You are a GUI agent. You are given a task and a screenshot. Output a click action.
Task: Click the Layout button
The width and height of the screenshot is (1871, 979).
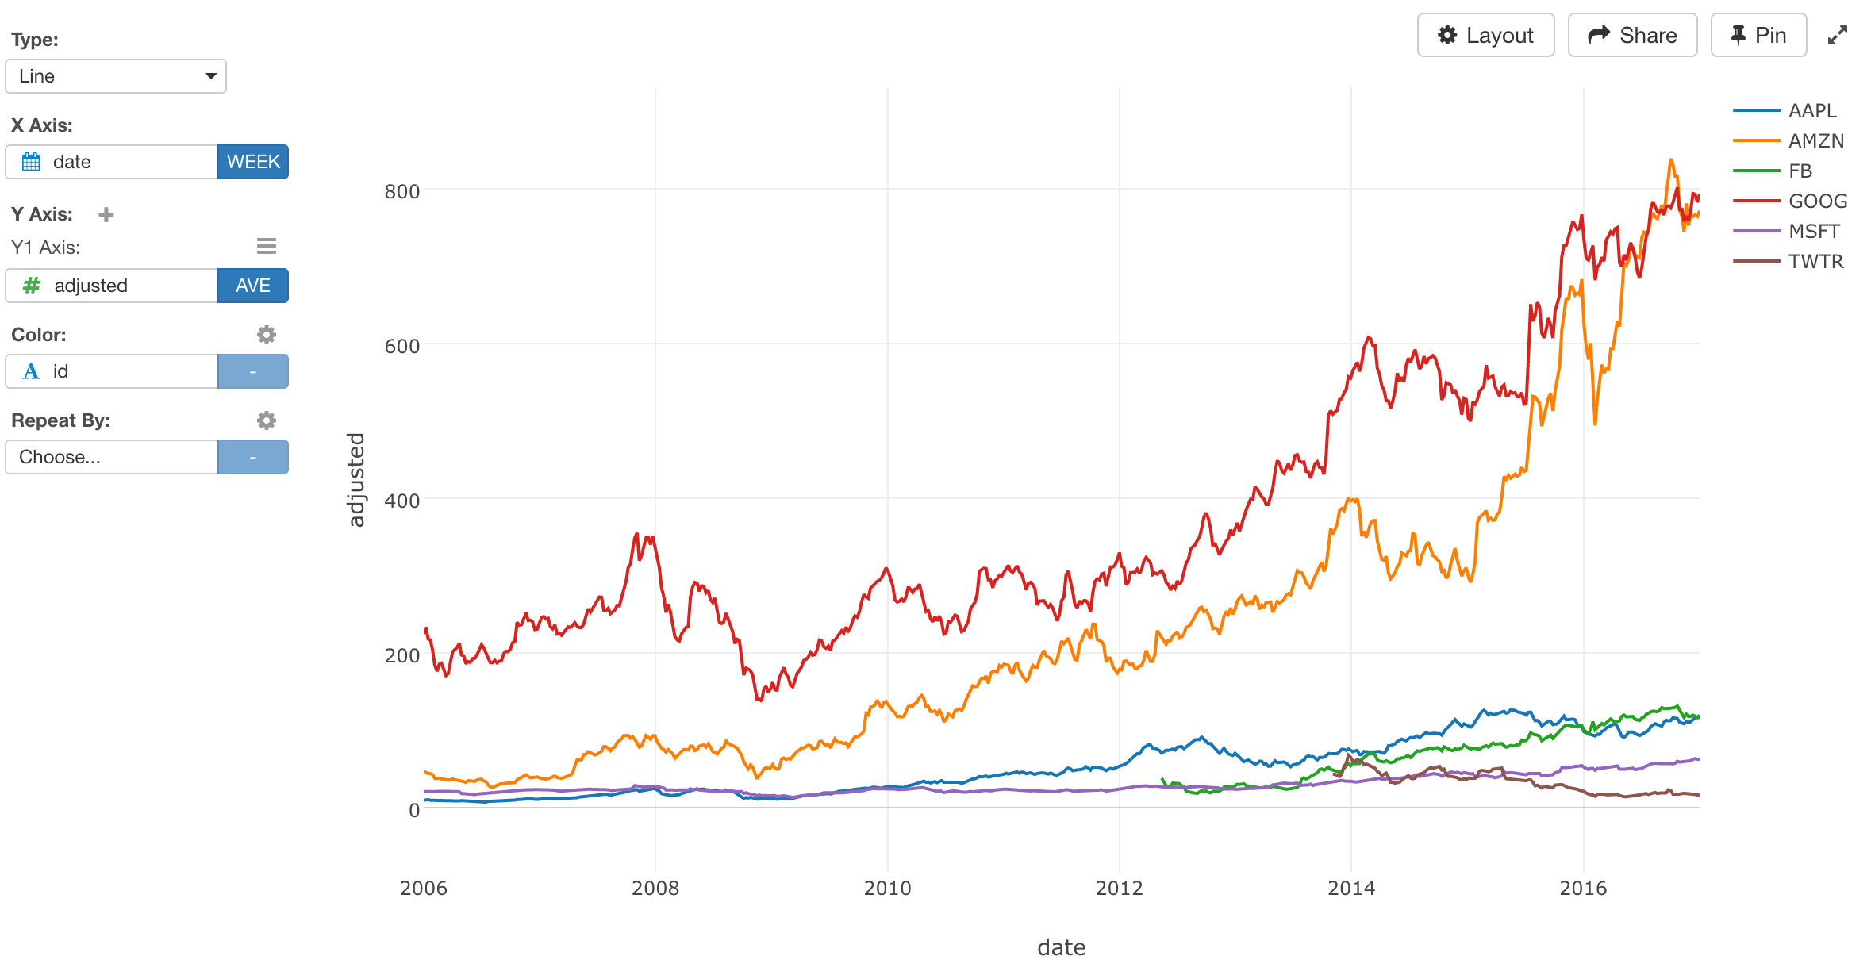(1485, 36)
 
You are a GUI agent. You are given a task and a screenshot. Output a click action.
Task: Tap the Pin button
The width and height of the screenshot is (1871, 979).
(1758, 36)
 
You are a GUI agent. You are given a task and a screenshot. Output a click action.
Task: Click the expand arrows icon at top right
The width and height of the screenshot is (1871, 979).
(1837, 36)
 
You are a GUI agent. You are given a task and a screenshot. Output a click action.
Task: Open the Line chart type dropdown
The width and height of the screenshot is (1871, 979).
(116, 76)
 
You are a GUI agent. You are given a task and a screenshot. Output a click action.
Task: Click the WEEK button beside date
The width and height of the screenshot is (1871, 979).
(252, 162)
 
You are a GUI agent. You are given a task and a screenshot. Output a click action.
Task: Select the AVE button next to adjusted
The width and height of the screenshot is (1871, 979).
(252, 286)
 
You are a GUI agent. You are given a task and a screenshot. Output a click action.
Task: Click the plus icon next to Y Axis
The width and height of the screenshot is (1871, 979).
(106, 214)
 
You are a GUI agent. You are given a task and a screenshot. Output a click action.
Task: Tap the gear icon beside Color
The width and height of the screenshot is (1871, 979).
(267, 335)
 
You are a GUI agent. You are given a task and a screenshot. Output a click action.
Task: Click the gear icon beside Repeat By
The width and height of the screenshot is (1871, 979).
(267, 420)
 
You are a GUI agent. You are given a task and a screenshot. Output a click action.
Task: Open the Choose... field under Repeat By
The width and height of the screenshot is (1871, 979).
(111, 457)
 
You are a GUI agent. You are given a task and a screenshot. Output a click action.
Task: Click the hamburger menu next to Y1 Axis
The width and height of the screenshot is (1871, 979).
(267, 247)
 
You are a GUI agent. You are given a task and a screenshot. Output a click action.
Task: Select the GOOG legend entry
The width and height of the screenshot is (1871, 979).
(1816, 201)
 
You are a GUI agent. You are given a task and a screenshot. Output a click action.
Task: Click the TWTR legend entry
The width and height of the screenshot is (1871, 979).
(1815, 261)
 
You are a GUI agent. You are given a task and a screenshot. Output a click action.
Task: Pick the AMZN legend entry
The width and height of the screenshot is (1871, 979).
(1815, 140)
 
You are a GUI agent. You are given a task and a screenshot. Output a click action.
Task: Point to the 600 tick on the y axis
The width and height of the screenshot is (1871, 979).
(401, 346)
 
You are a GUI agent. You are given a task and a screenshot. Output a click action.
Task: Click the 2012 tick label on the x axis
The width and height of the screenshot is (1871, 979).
(1119, 888)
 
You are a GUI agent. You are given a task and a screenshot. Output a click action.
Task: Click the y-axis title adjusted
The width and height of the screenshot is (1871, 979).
(356, 479)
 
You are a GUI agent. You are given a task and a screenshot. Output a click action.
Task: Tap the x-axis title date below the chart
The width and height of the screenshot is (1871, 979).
(1061, 947)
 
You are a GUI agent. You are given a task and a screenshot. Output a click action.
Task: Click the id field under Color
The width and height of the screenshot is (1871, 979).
(111, 371)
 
